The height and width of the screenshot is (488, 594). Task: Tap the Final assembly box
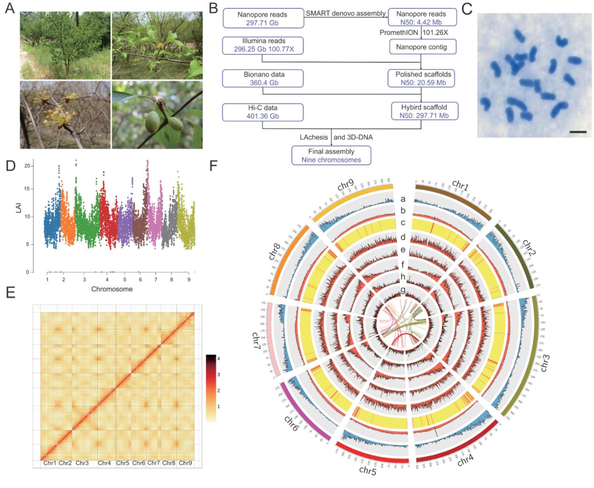click(x=331, y=155)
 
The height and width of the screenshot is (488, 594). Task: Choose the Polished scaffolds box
click(x=422, y=78)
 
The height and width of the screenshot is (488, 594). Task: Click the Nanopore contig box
click(x=422, y=46)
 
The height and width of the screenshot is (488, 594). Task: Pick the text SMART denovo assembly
click(x=345, y=13)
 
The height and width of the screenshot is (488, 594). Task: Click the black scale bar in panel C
click(x=579, y=132)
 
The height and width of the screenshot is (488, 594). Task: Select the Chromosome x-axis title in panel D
click(x=112, y=289)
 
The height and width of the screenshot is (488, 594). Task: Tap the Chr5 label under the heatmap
click(x=123, y=463)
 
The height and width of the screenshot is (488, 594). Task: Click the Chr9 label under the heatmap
click(x=185, y=463)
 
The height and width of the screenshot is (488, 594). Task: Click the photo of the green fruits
click(x=157, y=115)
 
